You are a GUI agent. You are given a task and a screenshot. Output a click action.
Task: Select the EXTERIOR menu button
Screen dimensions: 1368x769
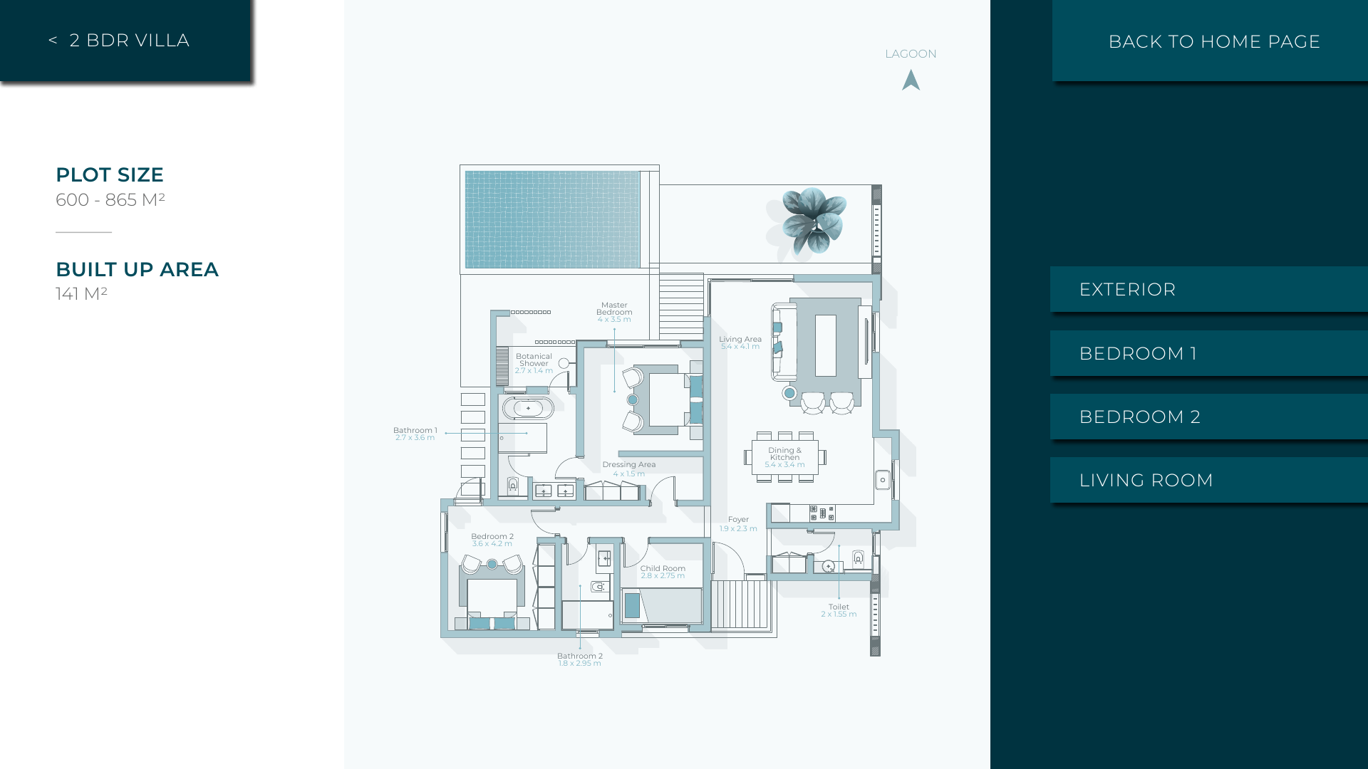pos(1209,289)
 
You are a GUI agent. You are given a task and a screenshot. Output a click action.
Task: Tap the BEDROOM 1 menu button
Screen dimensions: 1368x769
pos(1209,353)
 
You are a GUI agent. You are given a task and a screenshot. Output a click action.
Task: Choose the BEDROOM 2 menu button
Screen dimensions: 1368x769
pos(1209,417)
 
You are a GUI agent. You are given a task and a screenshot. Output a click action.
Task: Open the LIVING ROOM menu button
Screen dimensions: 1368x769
pos(1209,480)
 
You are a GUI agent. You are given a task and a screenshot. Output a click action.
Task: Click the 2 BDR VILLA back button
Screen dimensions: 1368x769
pos(125,41)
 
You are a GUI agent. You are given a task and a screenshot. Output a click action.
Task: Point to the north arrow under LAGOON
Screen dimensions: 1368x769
pos(911,80)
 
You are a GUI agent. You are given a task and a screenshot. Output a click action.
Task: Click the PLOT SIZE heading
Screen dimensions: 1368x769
pos(110,174)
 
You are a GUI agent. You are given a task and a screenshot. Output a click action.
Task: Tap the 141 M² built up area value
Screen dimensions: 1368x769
pos(81,293)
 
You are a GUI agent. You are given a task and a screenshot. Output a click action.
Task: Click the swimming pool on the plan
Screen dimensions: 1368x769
pos(552,219)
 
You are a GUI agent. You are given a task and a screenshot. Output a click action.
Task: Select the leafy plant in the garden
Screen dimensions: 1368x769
pos(814,220)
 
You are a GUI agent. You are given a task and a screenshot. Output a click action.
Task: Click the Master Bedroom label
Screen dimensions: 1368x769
pos(614,312)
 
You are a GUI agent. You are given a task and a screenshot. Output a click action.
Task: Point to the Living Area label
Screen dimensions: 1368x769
pos(740,342)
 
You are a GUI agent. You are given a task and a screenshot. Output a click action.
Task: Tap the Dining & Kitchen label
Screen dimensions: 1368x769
pos(784,457)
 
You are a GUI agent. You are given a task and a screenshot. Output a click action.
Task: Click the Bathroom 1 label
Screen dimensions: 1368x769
pos(415,434)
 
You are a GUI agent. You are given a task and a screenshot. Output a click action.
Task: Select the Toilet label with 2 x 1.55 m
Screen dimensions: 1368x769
pos(839,610)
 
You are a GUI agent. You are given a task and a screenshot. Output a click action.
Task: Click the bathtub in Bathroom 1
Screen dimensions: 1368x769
pos(528,409)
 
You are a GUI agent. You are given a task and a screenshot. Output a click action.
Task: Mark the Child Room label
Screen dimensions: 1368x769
pos(663,572)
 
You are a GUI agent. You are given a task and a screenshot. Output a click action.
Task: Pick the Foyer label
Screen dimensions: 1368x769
pos(738,523)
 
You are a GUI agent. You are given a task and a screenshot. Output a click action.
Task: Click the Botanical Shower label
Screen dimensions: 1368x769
pos(534,363)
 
